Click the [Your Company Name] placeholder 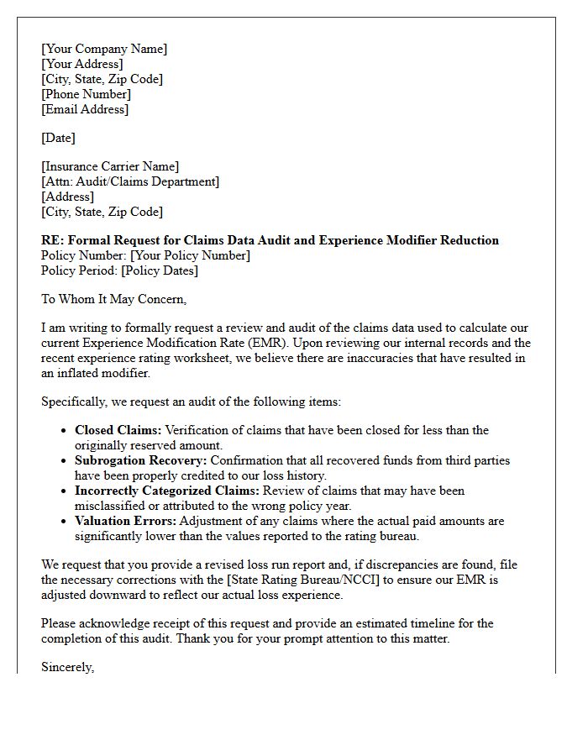coord(104,49)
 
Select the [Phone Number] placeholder coord(87,94)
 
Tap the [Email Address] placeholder coord(85,109)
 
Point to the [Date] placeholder coord(58,138)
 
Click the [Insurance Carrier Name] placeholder coord(110,166)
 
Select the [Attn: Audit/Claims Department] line coord(130,181)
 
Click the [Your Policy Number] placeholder coord(191,255)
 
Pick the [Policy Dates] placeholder coord(160,270)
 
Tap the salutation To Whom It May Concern coord(113,299)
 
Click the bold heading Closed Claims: coord(118,430)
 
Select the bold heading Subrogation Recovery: coord(140,460)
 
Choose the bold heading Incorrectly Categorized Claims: coord(167,491)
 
